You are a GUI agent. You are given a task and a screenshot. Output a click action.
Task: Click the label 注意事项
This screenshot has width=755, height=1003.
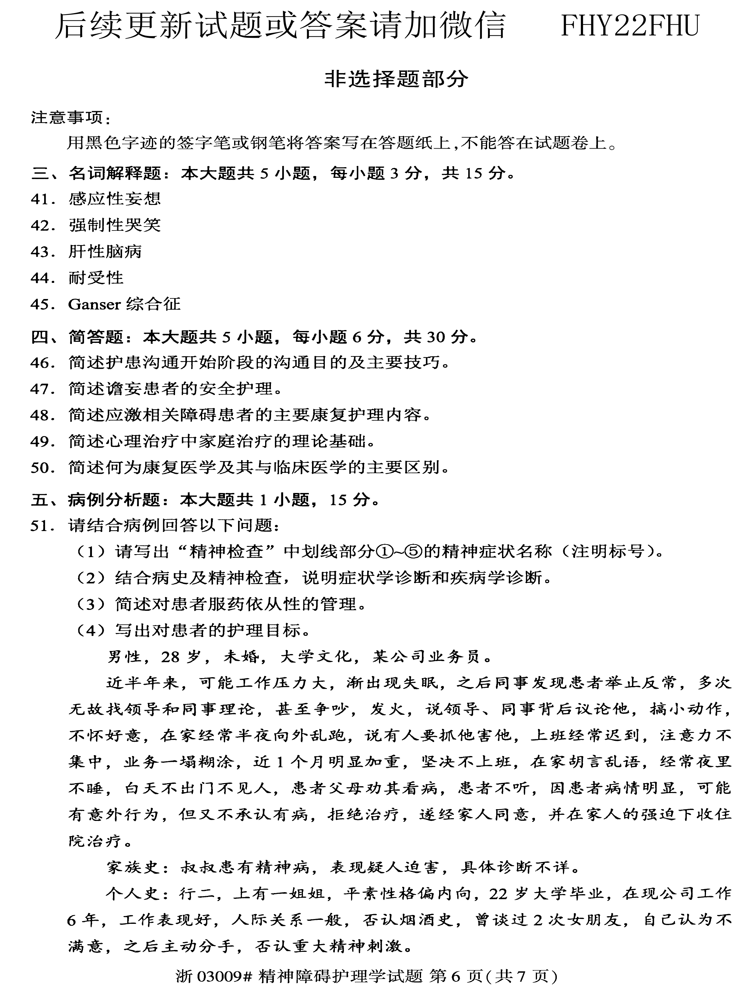[68, 118]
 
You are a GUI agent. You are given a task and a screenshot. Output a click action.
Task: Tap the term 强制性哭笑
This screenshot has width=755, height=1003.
[114, 225]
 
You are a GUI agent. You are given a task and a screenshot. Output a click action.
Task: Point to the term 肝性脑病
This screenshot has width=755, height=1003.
[105, 252]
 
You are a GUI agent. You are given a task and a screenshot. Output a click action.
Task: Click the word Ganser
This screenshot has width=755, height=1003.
[94, 304]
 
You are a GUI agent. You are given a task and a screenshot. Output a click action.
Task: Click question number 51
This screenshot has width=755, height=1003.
[42, 526]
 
